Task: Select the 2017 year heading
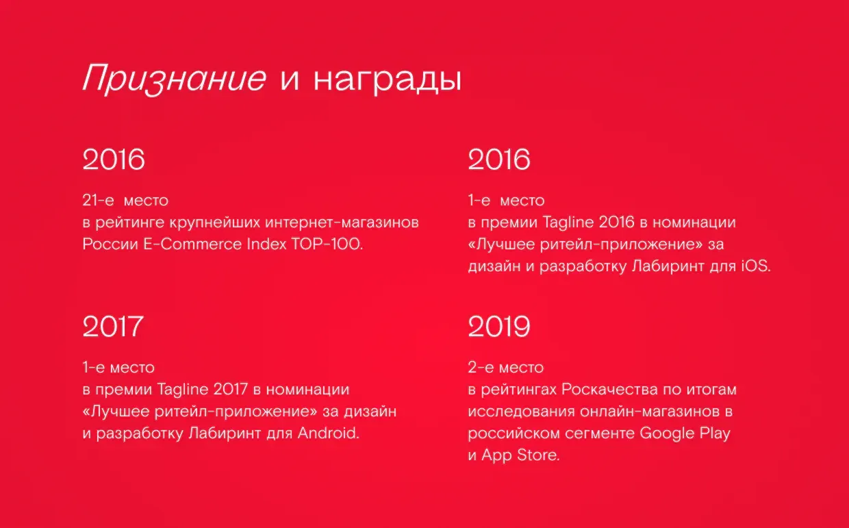click(x=113, y=326)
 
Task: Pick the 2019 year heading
click(x=499, y=327)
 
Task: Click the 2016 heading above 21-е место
click(x=114, y=160)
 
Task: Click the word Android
click(x=328, y=433)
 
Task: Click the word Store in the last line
click(x=540, y=455)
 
